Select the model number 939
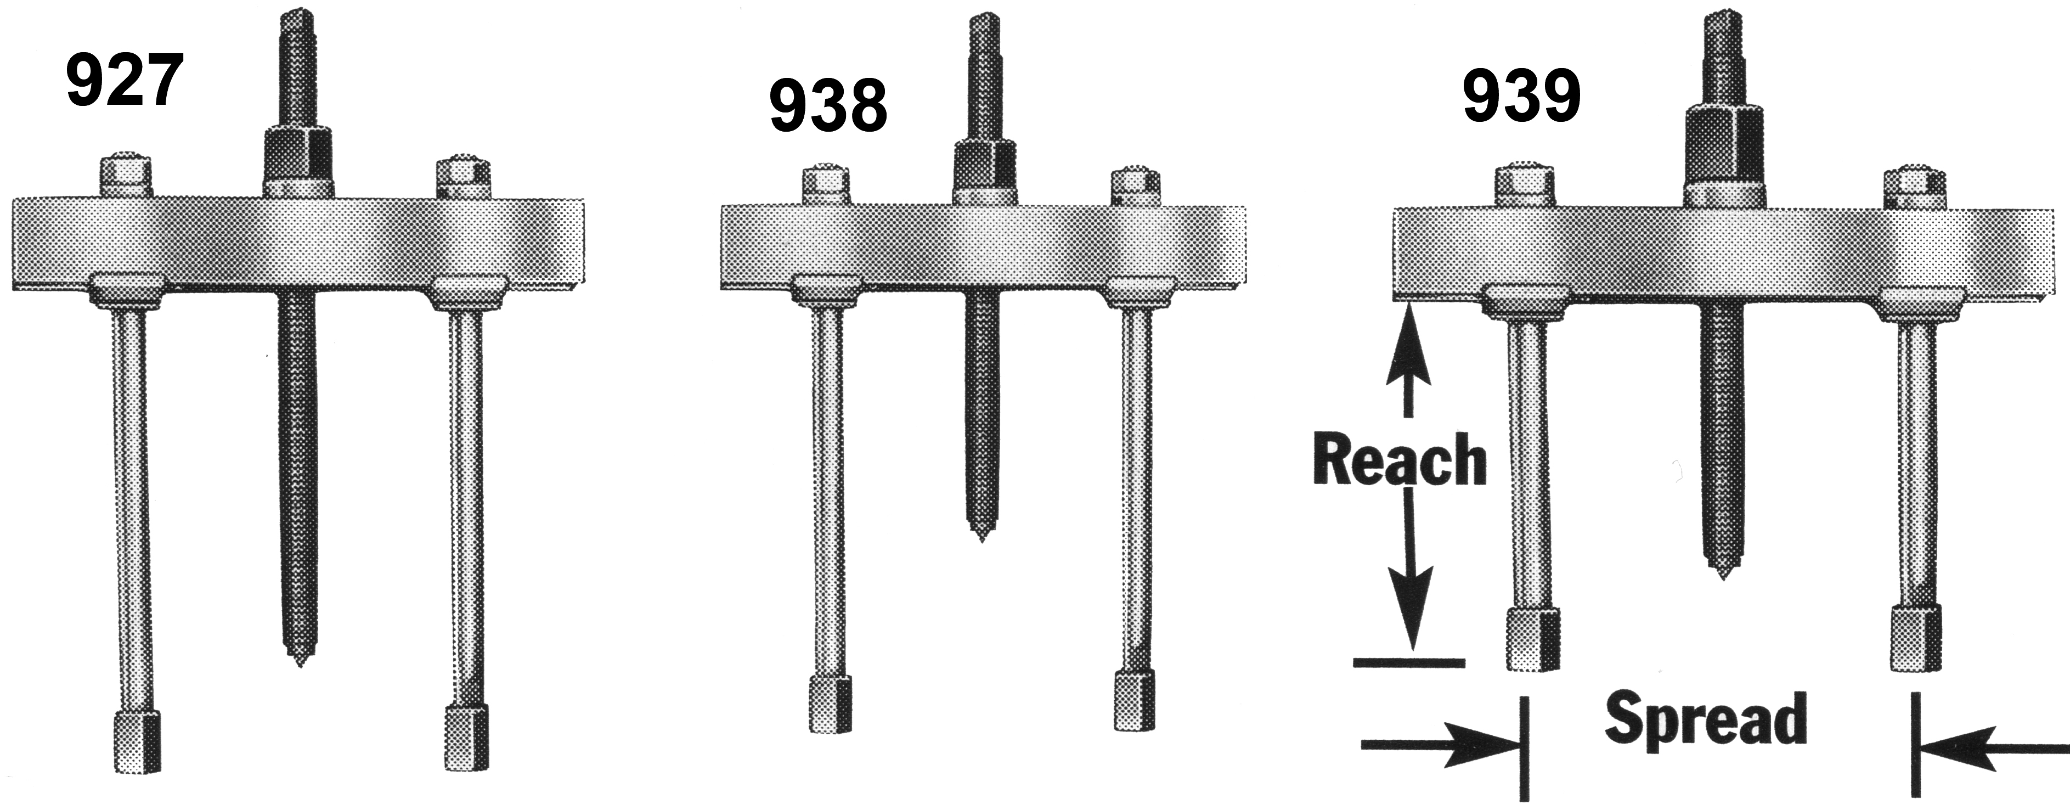(1521, 95)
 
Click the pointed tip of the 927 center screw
(298, 661)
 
